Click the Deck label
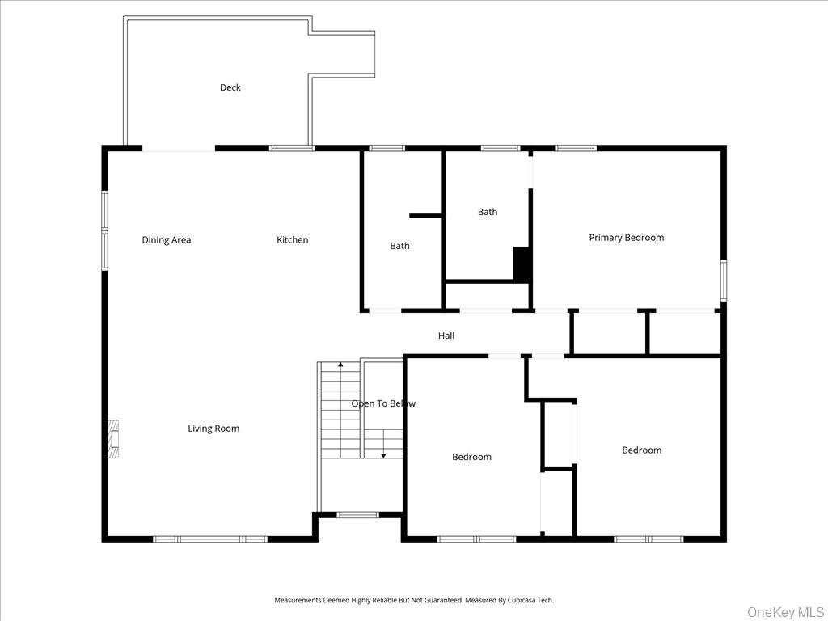(230, 87)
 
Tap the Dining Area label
(167, 239)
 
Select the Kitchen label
(293, 239)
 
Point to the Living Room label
(213, 429)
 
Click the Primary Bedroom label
(626, 238)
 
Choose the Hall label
(446, 336)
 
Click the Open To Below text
(383, 403)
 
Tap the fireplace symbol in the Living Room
(114, 439)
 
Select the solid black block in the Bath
(522, 264)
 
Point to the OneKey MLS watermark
(784, 611)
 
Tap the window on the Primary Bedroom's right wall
(723, 280)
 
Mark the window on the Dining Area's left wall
(104, 230)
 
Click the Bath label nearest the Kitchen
(399, 246)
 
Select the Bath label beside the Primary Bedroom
(488, 212)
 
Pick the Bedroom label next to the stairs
(471, 457)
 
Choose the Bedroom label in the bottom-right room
(641, 450)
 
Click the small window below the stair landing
(357, 514)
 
